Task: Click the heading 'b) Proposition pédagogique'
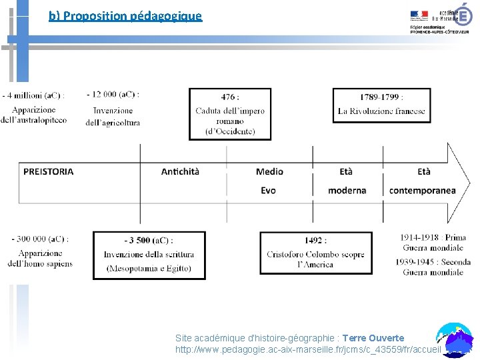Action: pos(125,15)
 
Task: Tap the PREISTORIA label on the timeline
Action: pos(49,171)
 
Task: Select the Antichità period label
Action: pos(180,171)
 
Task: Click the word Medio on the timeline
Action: pos(269,171)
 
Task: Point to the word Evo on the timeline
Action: pos(268,191)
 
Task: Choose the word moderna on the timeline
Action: pos(347,191)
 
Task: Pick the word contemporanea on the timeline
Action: pos(422,191)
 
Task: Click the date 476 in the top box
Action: pos(229,97)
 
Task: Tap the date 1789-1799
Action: pos(380,97)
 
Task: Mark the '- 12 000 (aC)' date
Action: pos(113,95)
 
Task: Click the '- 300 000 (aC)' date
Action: pos(39,239)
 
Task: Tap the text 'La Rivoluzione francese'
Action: pos(381,111)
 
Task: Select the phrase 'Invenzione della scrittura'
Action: pos(149,254)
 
